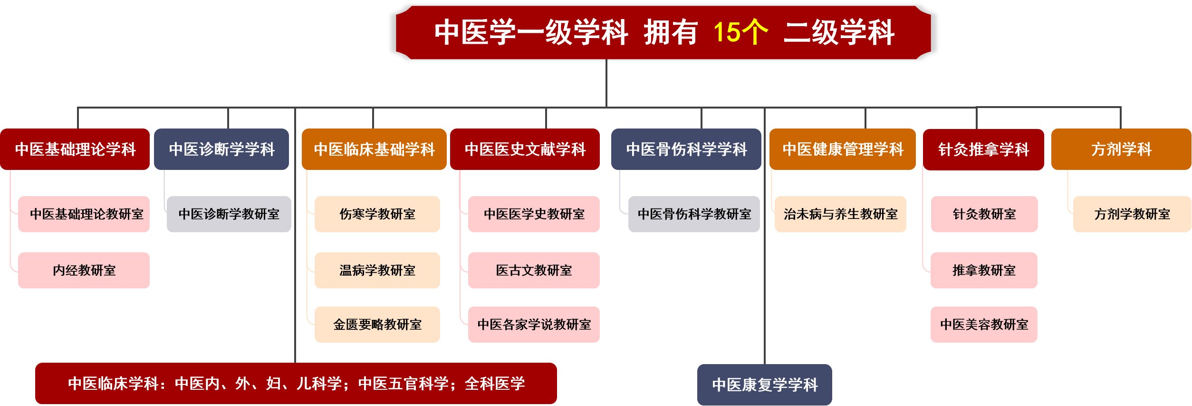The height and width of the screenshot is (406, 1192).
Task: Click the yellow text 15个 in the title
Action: coord(740,32)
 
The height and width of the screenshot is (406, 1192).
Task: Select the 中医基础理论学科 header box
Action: coord(75,149)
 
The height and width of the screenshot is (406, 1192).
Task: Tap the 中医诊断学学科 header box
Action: coord(221,149)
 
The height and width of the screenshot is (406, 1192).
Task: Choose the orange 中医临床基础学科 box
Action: coord(374,149)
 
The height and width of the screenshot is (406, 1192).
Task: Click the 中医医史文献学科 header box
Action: coord(525,149)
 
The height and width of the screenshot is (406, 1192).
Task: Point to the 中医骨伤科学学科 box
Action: coord(686,149)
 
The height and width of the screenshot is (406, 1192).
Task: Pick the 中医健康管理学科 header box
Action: coord(843,149)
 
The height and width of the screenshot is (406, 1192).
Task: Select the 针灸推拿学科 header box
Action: coord(983,149)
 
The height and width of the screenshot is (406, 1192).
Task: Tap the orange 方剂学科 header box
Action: coord(1121,149)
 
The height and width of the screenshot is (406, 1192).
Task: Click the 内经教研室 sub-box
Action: coord(84,270)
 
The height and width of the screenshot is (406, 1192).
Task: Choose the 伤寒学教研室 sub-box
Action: coord(377,214)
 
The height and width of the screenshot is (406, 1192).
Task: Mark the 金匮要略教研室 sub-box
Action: coord(377,325)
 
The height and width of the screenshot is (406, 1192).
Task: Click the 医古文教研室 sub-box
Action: coord(534,270)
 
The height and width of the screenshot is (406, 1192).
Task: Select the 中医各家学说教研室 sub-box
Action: coord(534,325)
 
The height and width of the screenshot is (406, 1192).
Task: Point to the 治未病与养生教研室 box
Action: coord(840,214)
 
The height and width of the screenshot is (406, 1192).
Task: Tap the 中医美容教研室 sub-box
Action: coord(984,325)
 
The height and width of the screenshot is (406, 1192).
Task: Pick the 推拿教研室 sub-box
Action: coord(984,270)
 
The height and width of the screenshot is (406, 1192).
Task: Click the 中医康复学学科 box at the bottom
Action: coord(765,385)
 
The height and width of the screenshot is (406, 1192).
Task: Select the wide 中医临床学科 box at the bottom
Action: coord(296,383)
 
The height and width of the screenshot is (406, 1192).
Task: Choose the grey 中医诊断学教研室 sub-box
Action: coord(229,214)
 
